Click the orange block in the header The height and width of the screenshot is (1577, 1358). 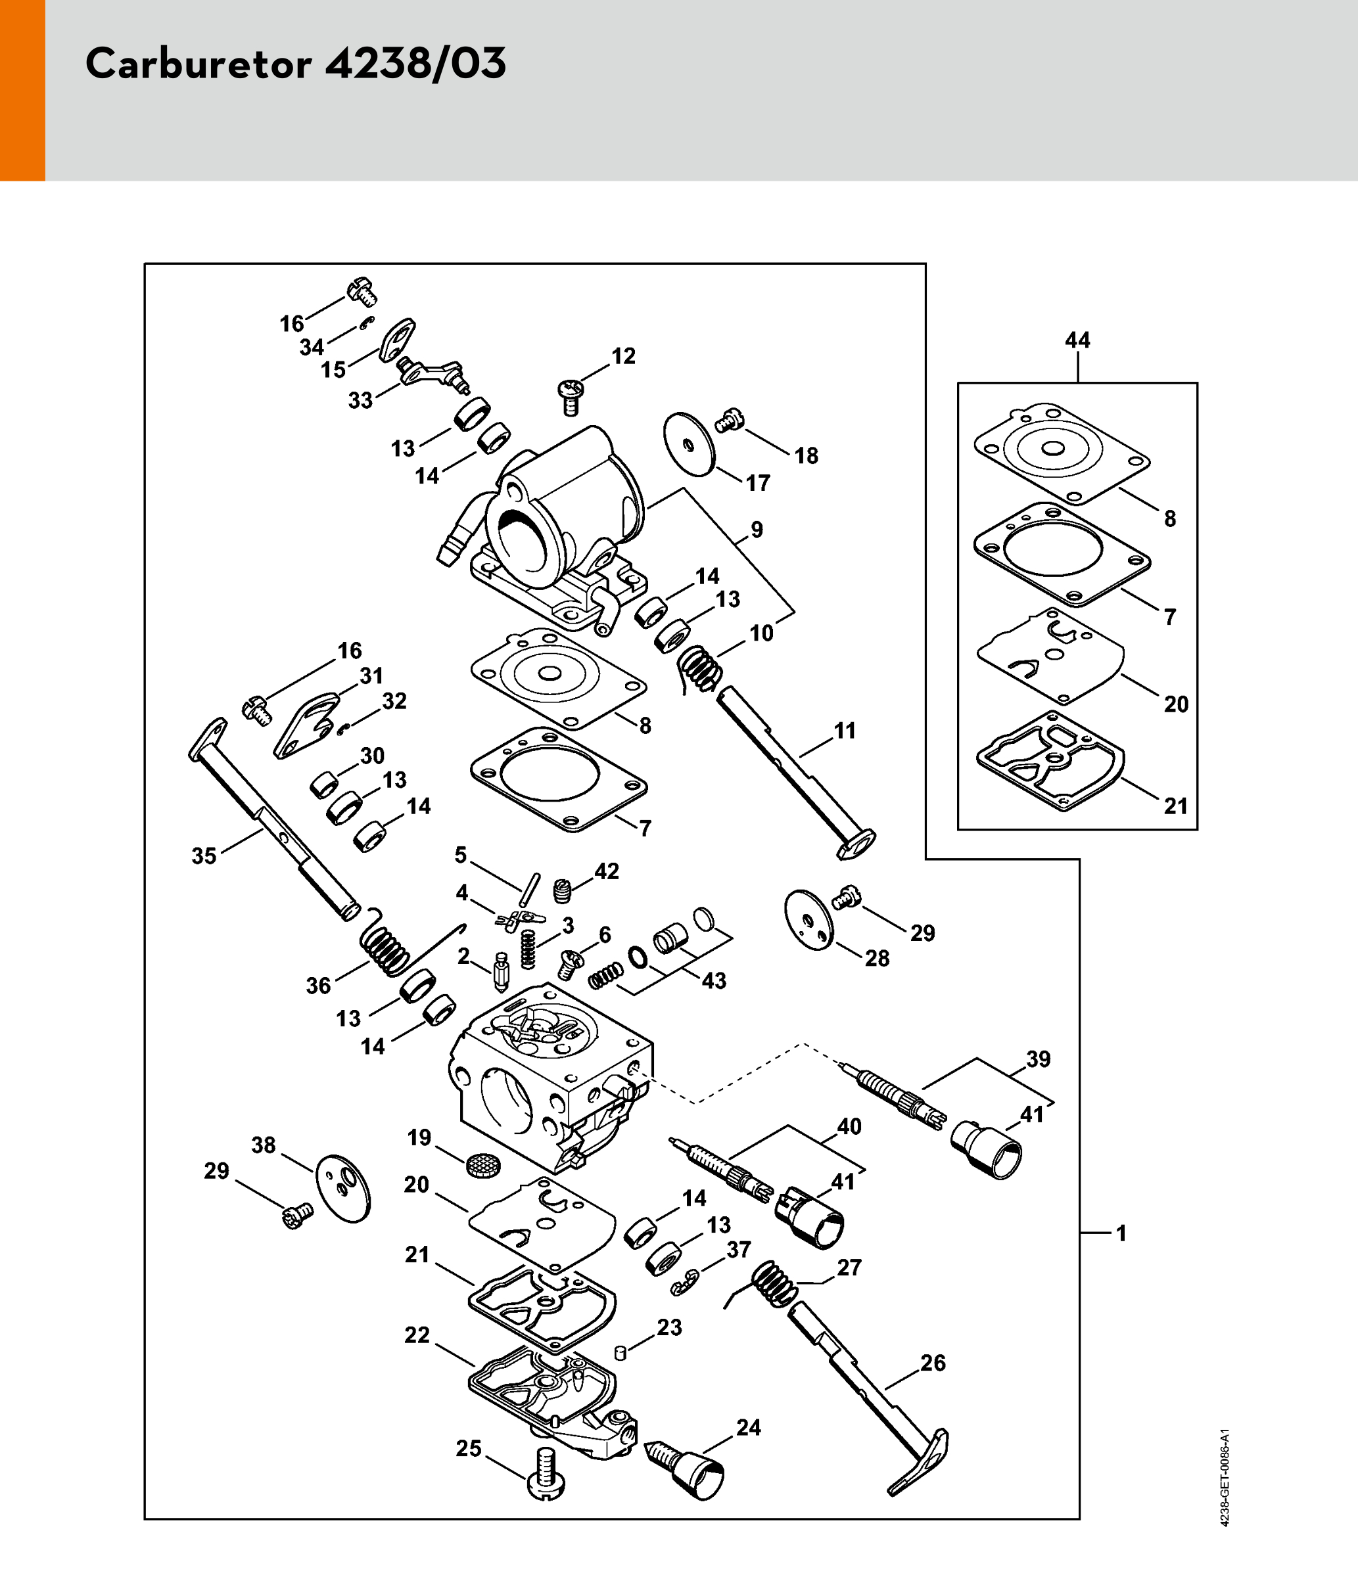coord(22,90)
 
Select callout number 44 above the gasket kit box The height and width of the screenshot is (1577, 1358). coord(1077,340)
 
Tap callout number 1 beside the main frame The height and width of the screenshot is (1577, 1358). coord(1121,1233)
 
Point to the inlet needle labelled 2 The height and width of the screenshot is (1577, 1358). coord(502,972)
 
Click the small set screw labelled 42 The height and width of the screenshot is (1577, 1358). coord(562,890)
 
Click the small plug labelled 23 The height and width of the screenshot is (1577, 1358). coord(620,1352)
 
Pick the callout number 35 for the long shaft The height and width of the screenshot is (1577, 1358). coord(204,856)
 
